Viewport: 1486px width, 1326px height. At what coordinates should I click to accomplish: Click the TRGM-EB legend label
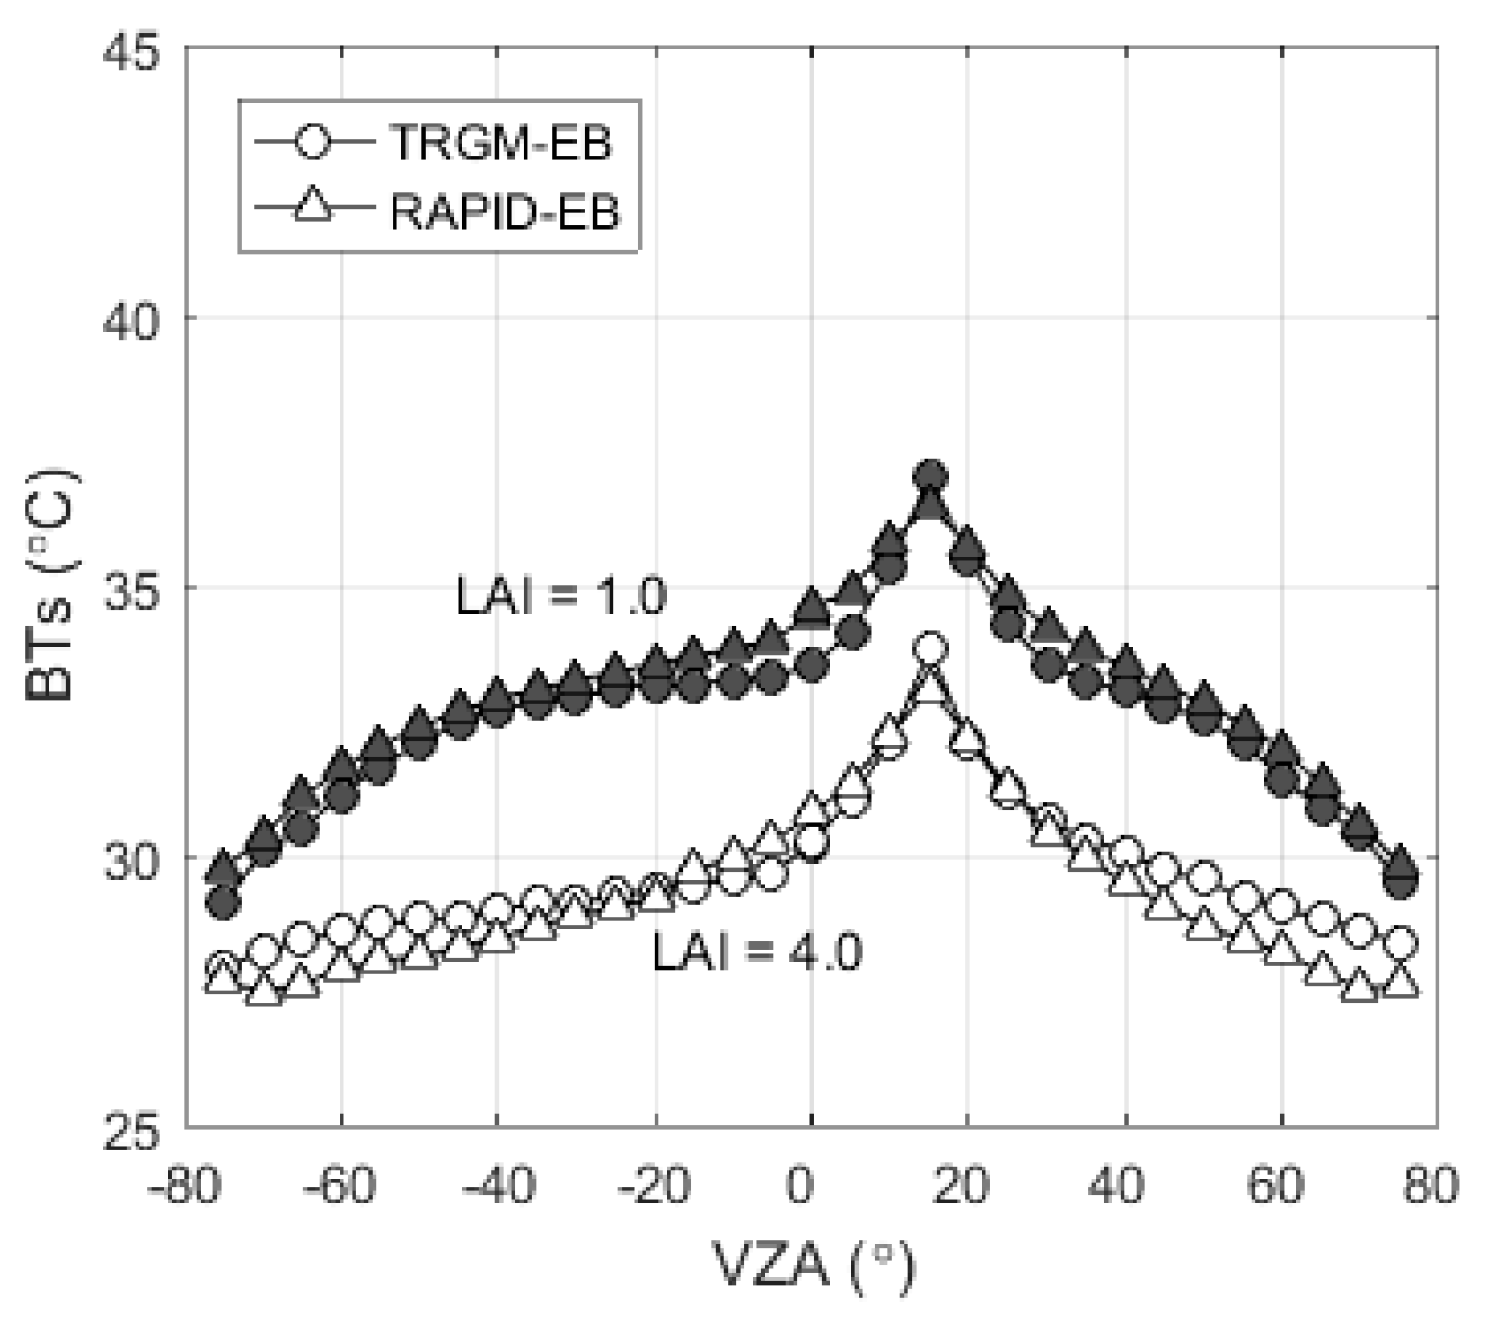coord(500,144)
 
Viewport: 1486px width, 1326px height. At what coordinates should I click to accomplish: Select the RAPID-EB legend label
coord(504,212)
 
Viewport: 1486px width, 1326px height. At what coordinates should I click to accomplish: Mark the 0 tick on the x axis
coord(800,1186)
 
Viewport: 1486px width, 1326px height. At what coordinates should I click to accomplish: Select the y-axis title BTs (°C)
coord(50,586)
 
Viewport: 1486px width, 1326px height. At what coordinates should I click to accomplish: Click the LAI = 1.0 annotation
coord(560,597)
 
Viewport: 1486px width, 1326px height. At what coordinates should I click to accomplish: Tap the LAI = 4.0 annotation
coord(756,952)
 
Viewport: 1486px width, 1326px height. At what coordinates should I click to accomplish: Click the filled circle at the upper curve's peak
coord(930,475)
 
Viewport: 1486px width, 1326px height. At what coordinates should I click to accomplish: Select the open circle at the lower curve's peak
coord(930,648)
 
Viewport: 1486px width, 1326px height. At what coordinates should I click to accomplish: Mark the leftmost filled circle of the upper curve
coord(222,903)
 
